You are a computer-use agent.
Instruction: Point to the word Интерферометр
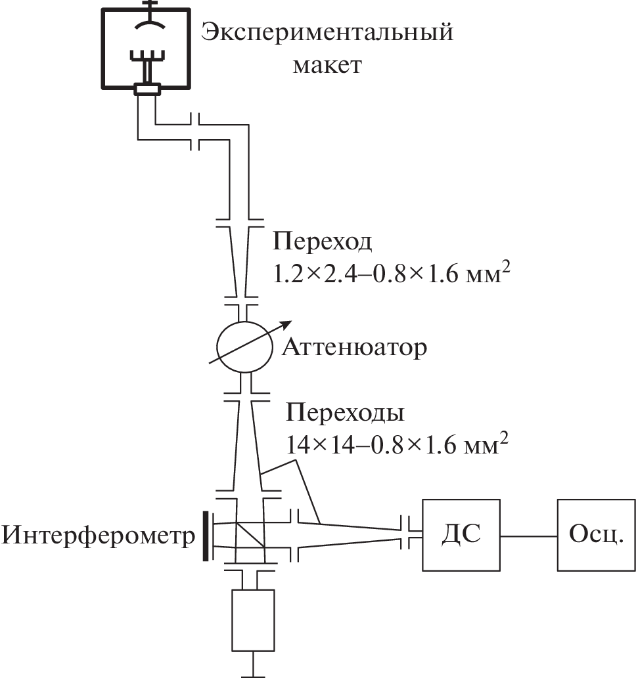(x=99, y=536)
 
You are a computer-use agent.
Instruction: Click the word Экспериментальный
(x=327, y=32)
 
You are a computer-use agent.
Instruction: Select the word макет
(x=327, y=65)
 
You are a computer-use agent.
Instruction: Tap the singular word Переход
(x=323, y=242)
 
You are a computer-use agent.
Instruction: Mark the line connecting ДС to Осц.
(x=528, y=534)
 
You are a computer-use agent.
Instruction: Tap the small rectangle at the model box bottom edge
(x=147, y=89)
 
